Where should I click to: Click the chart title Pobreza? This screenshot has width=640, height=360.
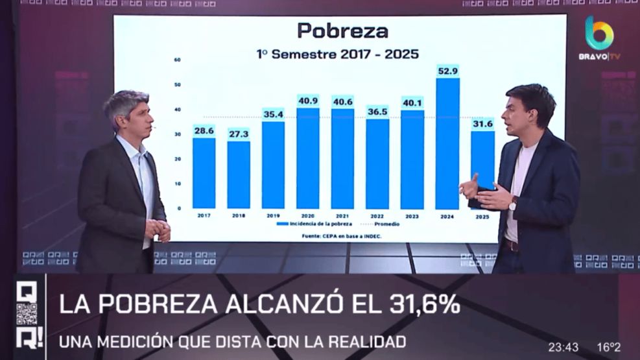[x=342, y=30]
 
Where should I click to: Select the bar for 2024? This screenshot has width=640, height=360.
[x=447, y=143]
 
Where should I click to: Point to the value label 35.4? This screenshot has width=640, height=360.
[x=273, y=114]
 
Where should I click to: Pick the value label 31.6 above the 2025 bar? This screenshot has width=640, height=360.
[x=482, y=124]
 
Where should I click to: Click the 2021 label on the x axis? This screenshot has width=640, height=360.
[x=342, y=215]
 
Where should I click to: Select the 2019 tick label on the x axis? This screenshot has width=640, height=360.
[x=273, y=215]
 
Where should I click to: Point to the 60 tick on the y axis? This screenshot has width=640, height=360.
[x=178, y=60]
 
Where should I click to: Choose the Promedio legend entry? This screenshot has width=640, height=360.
[x=382, y=224]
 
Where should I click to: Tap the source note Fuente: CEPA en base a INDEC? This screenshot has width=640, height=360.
[x=342, y=235]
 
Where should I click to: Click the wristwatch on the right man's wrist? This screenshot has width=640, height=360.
[x=513, y=203]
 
